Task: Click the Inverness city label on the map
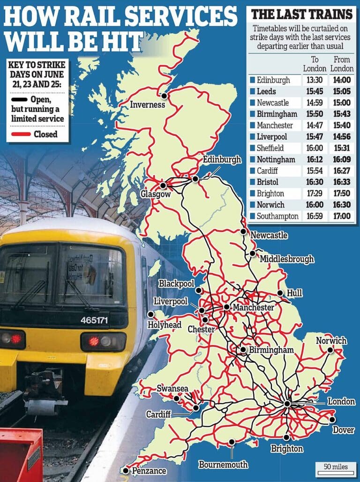(x=148, y=104)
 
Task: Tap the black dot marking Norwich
(x=330, y=350)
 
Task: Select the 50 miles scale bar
(x=335, y=467)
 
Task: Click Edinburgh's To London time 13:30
(x=315, y=80)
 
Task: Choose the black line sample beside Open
(x=21, y=99)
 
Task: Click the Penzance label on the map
(x=149, y=470)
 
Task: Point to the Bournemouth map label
(x=223, y=465)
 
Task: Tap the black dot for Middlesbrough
(x=253, y=253)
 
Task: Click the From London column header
(x=342, y=64)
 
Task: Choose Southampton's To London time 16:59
(x=315, y=216)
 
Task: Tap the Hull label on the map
(x=295, y=293)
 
